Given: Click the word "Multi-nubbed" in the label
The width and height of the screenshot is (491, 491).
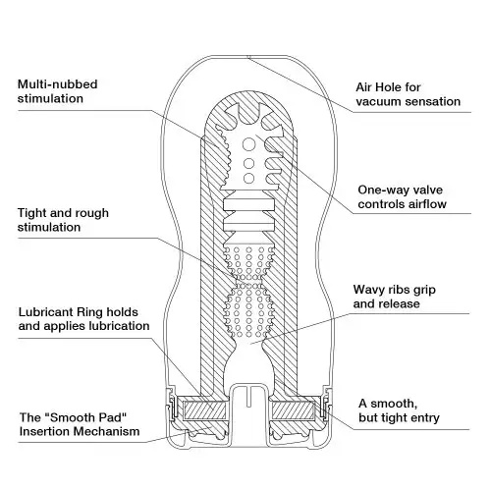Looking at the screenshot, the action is pos(58,84).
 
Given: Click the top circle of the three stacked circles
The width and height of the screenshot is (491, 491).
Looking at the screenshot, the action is pos(248,144).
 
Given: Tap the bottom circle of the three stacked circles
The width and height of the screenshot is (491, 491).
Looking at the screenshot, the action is pos(248,178).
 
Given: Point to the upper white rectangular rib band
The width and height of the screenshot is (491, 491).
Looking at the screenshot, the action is pos(249,204).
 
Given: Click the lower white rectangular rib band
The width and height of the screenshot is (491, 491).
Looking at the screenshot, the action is pos(249,226).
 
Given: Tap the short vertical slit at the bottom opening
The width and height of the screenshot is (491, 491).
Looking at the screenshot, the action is pos(248,397).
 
